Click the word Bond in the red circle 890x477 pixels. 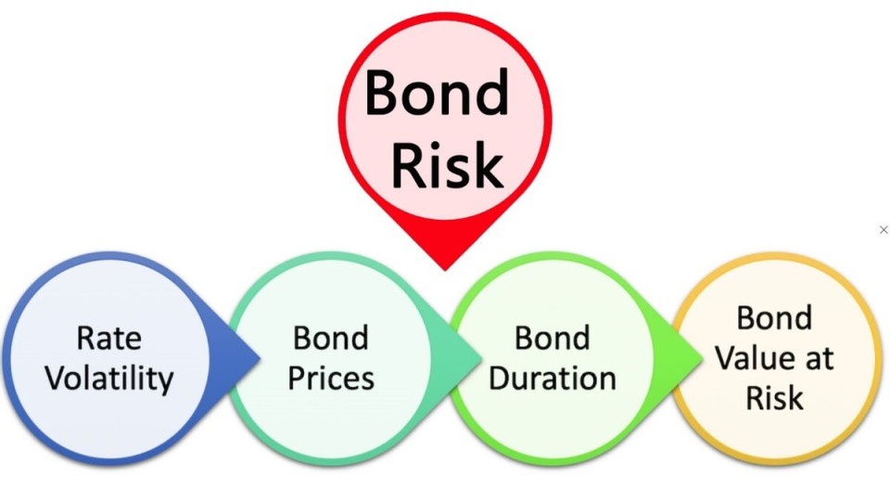(x=437, y=93)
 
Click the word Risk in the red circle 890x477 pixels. (x=447, y=165)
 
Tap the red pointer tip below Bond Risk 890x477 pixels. (x=445, y=269)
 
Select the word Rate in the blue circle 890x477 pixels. (x=109, y=338)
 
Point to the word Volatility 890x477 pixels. (x=109, y=380)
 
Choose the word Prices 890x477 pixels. (x=331, y=379)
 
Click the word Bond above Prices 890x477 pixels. (x=331, y=338)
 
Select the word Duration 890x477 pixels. (x=553, y=379)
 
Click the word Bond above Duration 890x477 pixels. (x=553, y=338)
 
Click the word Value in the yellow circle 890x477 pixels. (x=752, y=358)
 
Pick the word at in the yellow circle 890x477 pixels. (x=818, y=359)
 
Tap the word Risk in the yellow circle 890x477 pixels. (x=774, y=398)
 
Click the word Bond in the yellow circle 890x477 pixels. (x=774, y=317)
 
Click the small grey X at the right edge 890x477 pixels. (x=884, y=229)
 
